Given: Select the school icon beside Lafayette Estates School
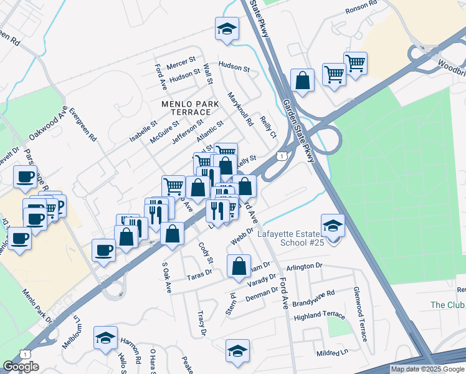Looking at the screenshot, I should point(333,226).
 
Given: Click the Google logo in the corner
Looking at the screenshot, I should point(21,367).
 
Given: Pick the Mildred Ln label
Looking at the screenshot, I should point(331,352).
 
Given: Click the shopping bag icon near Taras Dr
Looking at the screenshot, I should point(239,266).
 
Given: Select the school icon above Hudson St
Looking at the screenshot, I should point(227,28).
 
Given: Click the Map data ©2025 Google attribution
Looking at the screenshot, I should point(427,369).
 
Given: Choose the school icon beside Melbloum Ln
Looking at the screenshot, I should point(105,338).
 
